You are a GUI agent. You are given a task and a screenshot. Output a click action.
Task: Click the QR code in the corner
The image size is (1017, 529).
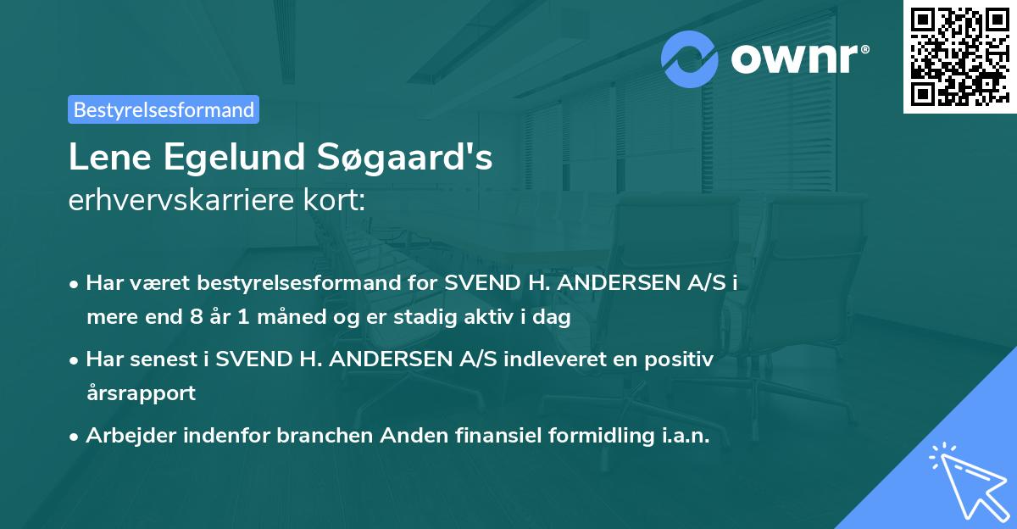tap(959, 56)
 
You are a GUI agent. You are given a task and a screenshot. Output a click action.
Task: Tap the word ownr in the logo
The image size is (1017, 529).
tap(799, 58)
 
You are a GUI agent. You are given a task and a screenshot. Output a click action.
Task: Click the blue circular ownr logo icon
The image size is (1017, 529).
tap(691, 58)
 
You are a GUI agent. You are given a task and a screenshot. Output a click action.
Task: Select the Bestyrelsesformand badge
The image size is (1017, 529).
tap(163, 109)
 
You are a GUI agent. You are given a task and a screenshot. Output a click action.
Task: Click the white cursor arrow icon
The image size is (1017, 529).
tap(966, 479)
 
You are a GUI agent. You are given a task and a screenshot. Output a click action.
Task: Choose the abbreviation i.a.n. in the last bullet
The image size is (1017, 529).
tap(682, 435)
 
